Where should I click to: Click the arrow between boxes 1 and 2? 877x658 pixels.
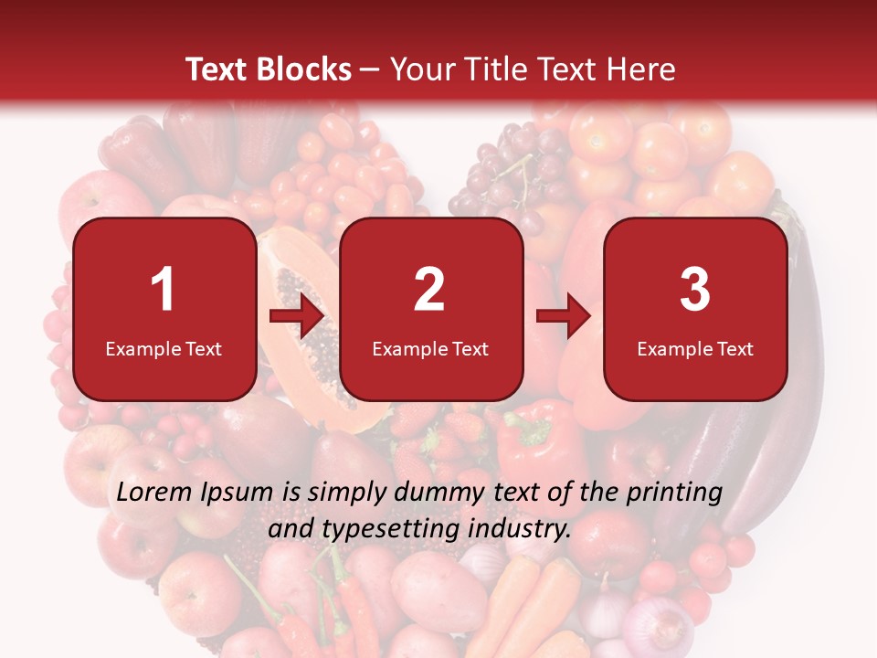pyautogui.click(x=297, y=316)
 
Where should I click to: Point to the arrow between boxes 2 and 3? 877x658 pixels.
pyautogui.click(x=564, y=316)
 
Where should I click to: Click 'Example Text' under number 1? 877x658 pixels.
pyautogui.click(x=164, y=349)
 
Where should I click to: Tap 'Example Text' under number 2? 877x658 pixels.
pyautogui.click(x=430, y=349)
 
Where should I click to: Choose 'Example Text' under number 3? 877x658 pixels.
pyautogui.click(x=695, y=349)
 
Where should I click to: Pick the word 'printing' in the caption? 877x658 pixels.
pyautogui.click(x=676, y=493)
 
